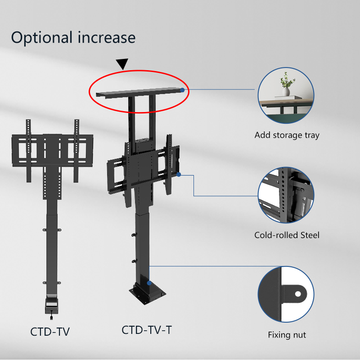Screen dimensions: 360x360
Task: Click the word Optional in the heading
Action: coord(42,38)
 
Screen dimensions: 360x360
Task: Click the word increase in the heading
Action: coord(107,37)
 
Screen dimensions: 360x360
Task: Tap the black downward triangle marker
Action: coord(122,64)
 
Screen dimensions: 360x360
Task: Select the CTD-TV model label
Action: coord(50,332)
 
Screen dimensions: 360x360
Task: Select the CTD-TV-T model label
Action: coord(147,330)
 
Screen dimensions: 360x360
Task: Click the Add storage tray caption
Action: coord(287,135)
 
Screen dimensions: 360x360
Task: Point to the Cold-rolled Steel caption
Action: coord(287,235)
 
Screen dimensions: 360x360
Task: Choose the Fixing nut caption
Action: coord(287,334)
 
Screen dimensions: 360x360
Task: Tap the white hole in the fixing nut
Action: coord(298,294)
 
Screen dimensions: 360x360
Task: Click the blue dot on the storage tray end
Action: coord(182,90)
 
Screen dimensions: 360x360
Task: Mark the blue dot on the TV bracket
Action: coord(179,175)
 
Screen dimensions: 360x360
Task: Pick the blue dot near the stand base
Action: coord(149,283)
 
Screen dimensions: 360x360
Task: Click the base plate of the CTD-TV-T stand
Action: coord(148,295)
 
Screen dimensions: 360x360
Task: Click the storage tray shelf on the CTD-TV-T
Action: coord(139,92)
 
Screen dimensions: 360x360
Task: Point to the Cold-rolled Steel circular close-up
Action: coord(286,195)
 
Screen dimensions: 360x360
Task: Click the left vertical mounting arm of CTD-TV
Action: coord(28,151)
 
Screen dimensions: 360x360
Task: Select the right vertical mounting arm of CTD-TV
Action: coord(76,151)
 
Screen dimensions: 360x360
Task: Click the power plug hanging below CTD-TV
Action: coord(51,317)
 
